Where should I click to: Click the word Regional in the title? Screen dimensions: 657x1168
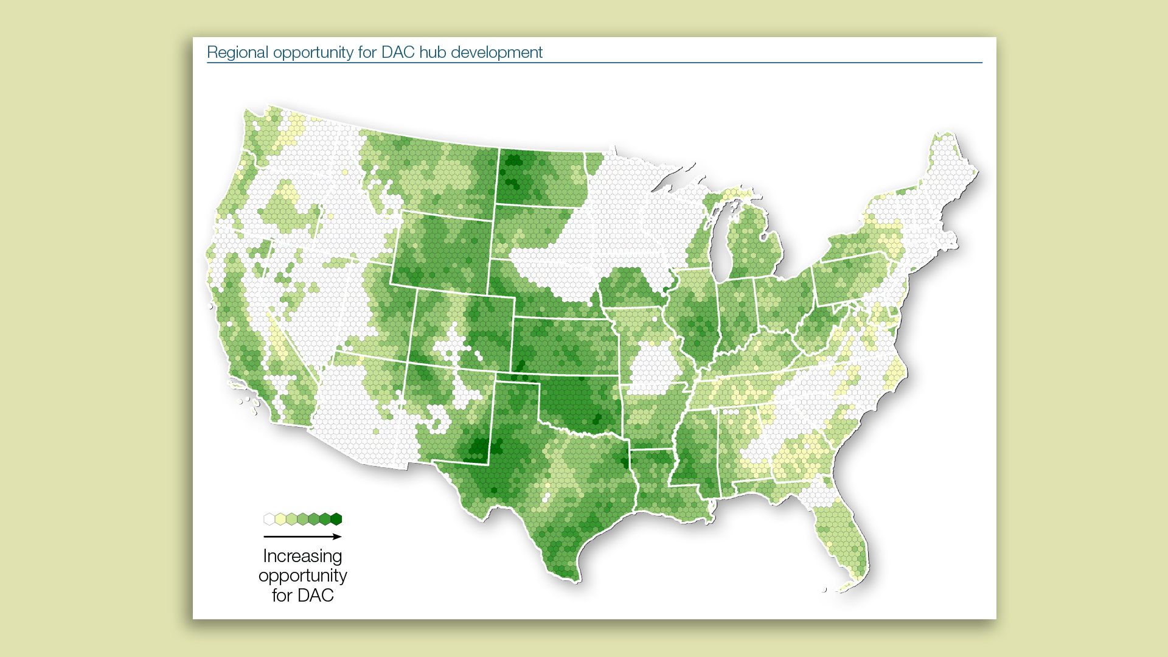coord(237,53)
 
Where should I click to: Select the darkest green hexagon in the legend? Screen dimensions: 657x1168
coord(336,519)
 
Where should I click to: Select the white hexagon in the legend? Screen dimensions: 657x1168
coord(269,519)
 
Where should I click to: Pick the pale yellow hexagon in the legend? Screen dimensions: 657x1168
coord(280,519)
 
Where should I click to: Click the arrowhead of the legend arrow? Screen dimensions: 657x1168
coord(338,537)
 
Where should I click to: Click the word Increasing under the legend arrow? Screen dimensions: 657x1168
coord(302,556)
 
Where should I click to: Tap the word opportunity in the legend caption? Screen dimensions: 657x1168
coord(302,575)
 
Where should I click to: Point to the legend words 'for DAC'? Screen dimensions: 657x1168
coord(302,595)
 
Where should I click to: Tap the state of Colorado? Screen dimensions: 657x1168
coord(462,332)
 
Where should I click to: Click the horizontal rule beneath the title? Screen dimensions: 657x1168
coord(594,63)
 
